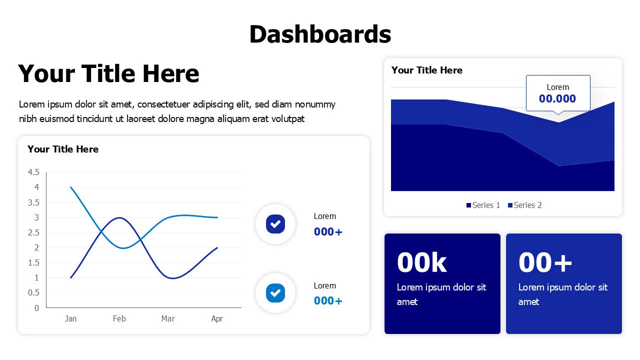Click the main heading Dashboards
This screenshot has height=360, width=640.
pos(320,34)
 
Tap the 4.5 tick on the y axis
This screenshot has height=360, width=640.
pos(33,172)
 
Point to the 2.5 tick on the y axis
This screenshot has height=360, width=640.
pos(33,233)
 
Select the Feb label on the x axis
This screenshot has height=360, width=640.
pos(119,318)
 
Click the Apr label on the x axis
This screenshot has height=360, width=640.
pos(217,319)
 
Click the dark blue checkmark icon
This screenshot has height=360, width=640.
pos(275,224)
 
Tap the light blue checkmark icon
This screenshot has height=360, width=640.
pos(275,293)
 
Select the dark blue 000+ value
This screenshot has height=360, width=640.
pos(328,231)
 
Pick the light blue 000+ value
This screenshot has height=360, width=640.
pos(328,301)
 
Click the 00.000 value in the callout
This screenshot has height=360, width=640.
pos(557,99)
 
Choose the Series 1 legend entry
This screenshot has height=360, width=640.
pos(483,205)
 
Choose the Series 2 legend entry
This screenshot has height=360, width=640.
pos(525,205)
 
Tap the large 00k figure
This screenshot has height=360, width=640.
pos(421,262)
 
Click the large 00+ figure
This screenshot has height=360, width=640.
pos(545,262)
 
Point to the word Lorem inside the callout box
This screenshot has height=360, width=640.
pos(557,87)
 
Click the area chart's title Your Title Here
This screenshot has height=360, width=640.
pos(427,70)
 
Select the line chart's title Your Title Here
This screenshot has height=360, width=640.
pos(63,149)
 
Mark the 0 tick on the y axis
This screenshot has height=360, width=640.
pos(36,308)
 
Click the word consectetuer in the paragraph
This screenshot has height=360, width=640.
pos(163,104)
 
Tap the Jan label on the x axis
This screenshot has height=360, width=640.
pos(70,318)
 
